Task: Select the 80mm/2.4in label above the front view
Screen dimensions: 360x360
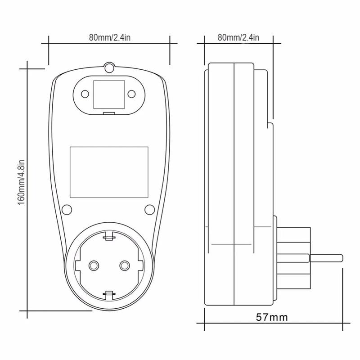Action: coord(109,37)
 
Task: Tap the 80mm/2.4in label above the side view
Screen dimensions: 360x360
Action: coord(238,37)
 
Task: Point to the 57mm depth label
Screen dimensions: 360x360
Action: coord(271,317)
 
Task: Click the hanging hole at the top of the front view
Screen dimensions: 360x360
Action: coord(108,68)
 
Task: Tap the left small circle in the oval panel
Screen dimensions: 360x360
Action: coord(85,94)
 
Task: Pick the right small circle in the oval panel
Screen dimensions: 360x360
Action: coord(131,94)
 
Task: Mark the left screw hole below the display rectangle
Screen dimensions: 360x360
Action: coord(67,209)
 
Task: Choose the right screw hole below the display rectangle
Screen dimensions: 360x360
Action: coord(150,209)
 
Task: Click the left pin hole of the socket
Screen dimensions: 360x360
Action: coord(94,265)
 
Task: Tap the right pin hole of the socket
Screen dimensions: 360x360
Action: coord(123,265)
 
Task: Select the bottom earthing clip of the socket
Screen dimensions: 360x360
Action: coord(108,295)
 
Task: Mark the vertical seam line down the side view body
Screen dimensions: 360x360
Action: coord(234,180)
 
